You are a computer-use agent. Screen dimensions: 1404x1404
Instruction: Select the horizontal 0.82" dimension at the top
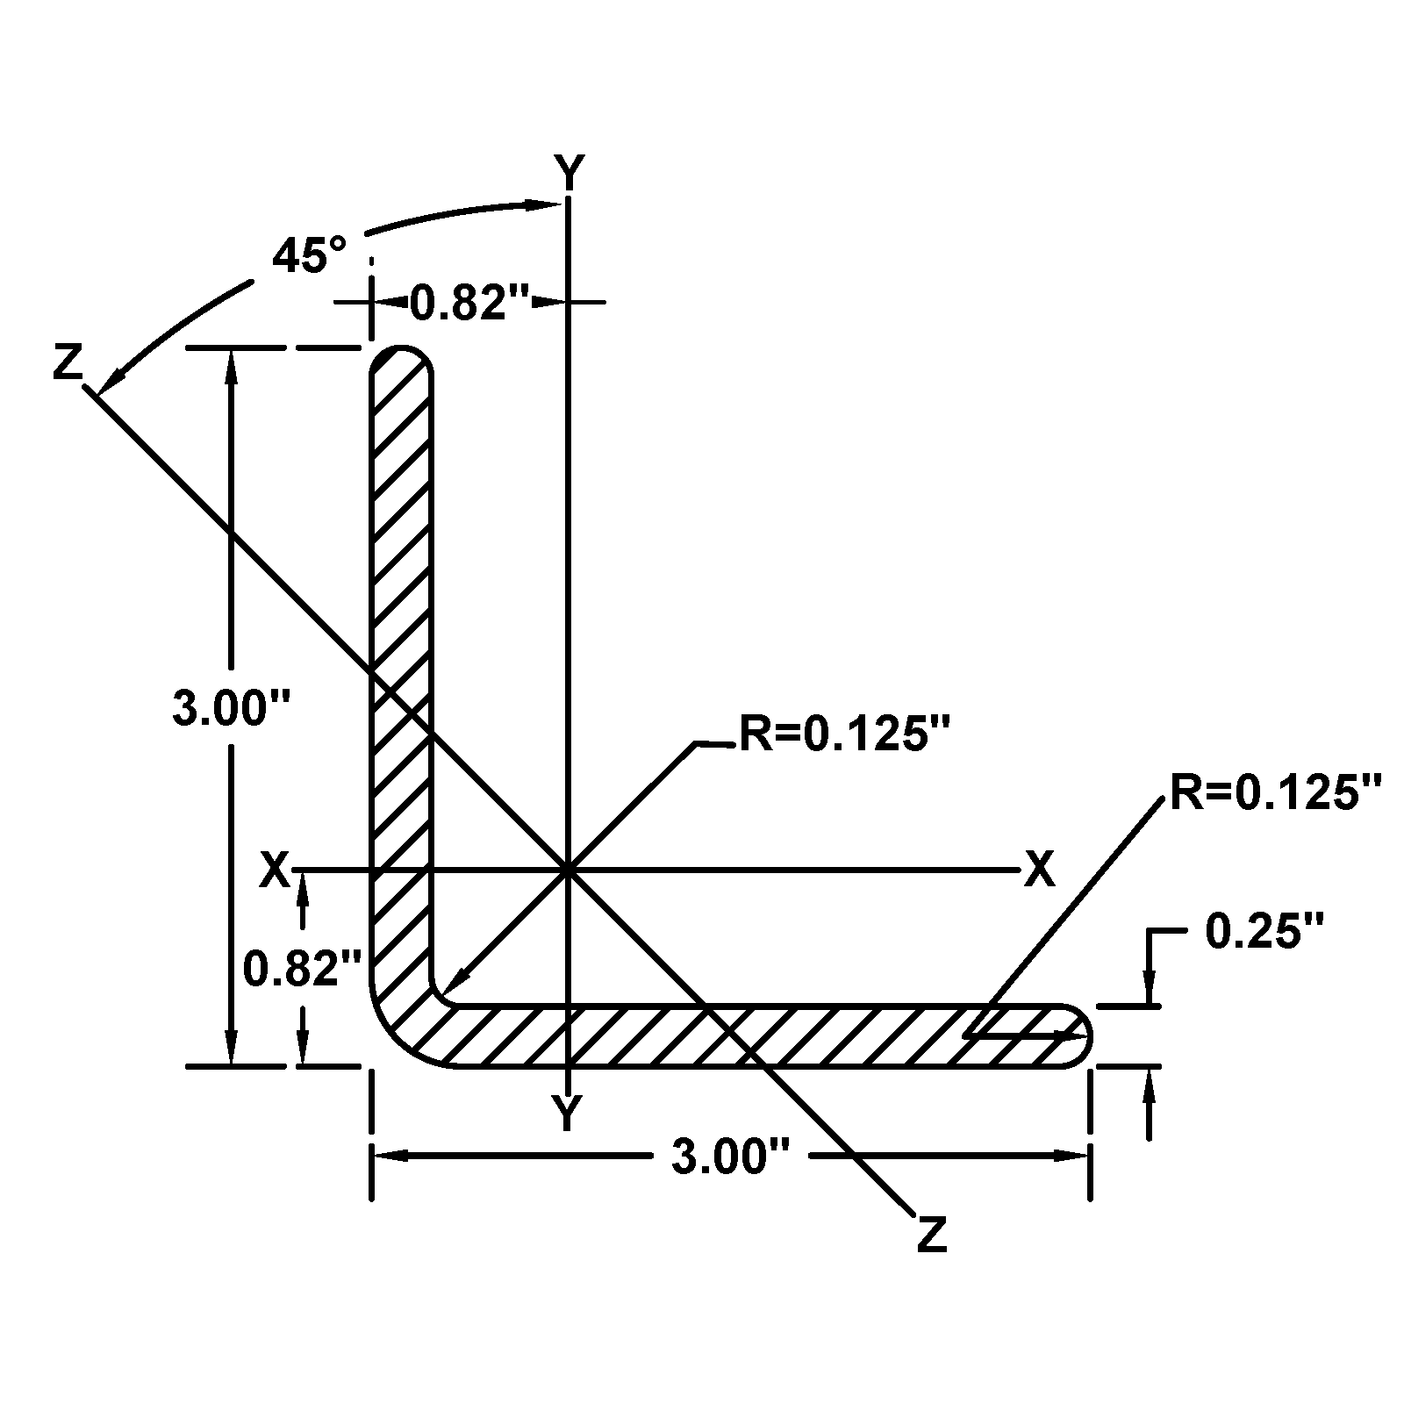click(470, 303)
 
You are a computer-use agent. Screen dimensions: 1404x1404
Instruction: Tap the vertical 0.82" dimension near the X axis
click(302, 969)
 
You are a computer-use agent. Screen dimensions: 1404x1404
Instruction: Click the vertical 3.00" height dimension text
click(231, 708)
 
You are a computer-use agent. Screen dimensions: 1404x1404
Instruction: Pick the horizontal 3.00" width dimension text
click(732, 1157)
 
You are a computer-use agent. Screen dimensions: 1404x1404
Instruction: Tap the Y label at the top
click(569, 171)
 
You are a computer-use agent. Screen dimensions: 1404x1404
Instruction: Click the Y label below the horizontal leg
click(568, 1113)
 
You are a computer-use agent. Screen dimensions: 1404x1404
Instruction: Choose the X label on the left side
click(275, 870)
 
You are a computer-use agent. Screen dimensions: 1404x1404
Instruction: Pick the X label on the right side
click(1039, 870)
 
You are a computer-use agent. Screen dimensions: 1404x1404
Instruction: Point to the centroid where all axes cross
click(569, 870)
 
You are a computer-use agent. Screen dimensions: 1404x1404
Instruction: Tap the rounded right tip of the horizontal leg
click(1085, 1035)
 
